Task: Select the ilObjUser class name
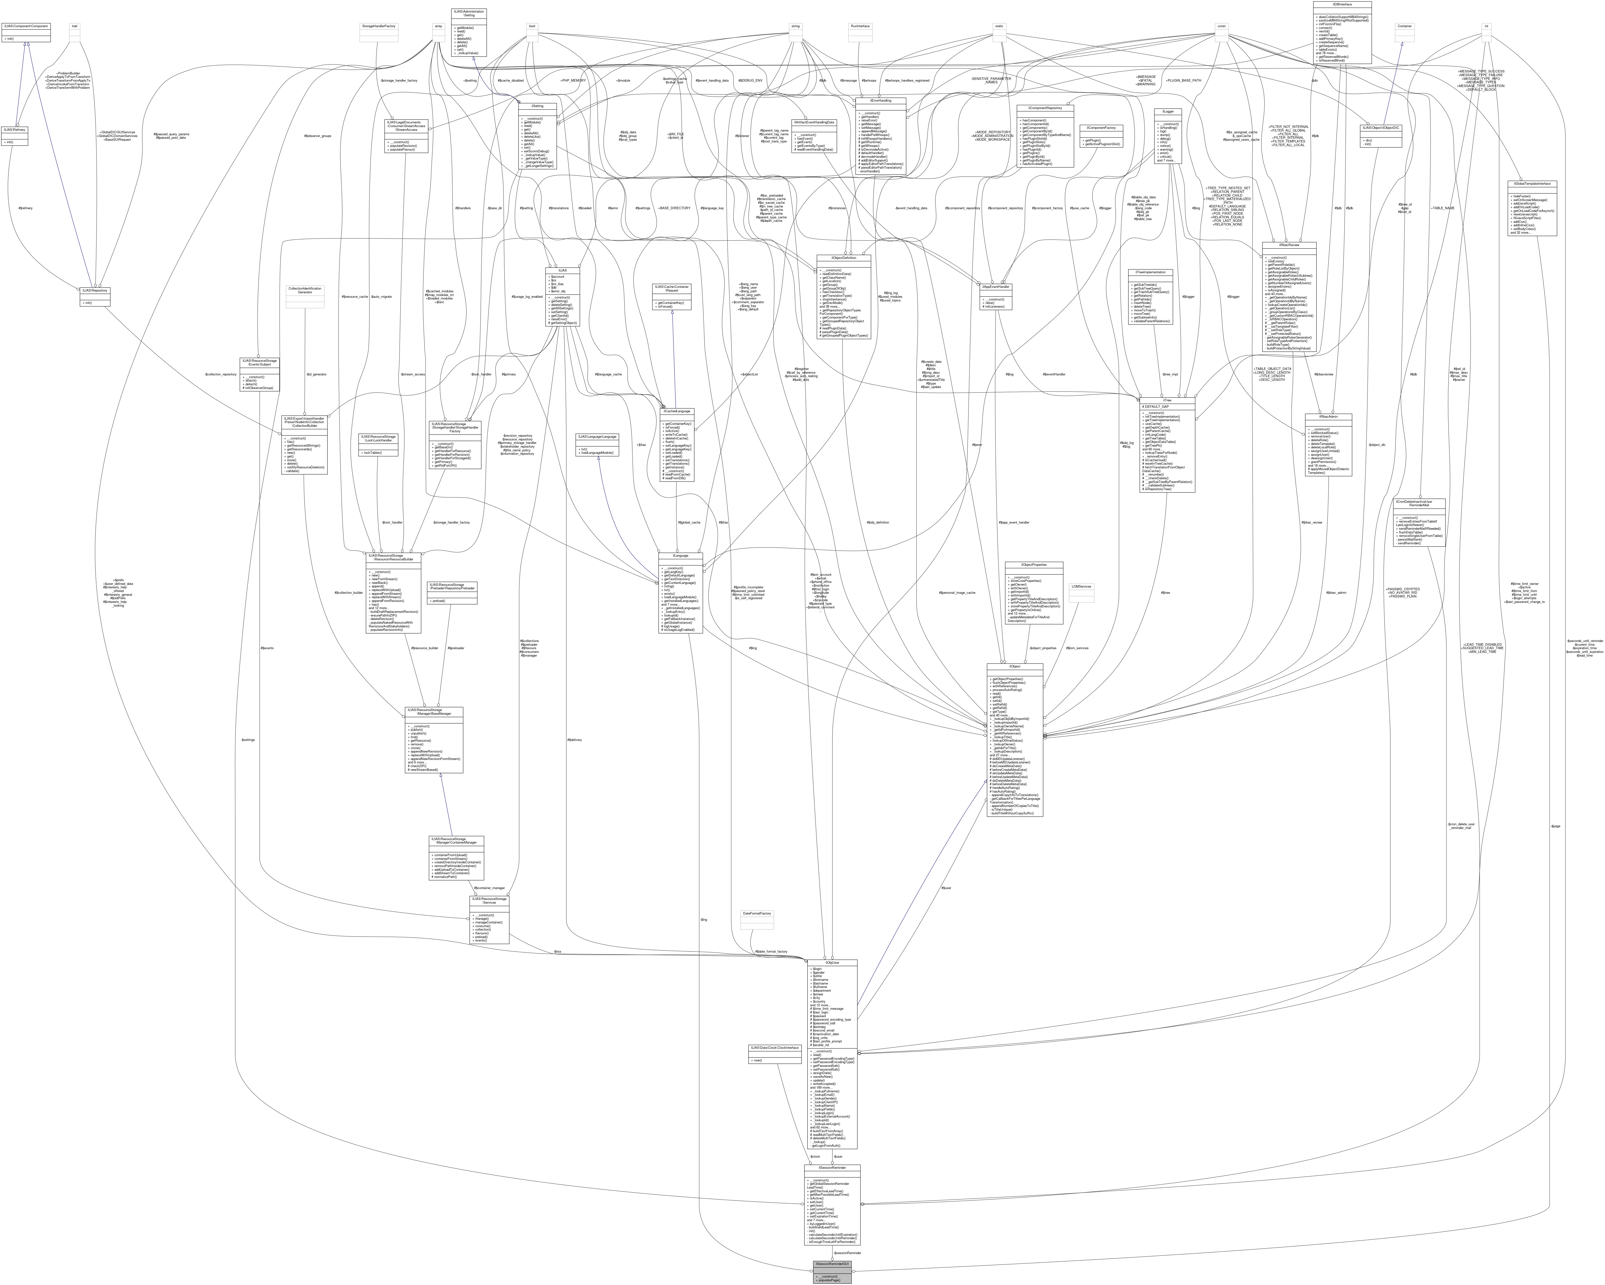point(831,963)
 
